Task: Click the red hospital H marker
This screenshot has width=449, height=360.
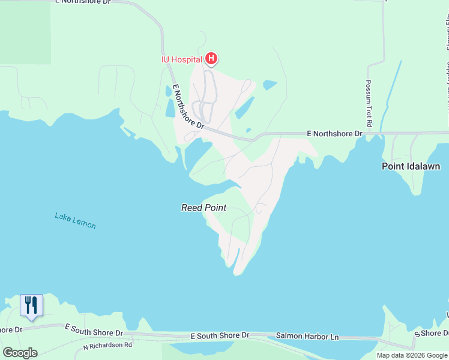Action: click(211, 58)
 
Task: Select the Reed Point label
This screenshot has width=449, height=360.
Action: click(203, 208)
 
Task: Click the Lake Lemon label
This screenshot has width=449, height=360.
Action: click(75, 220)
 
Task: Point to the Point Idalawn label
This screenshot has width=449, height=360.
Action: click(411, 166)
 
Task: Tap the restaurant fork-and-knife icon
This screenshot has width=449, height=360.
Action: click(31, 305)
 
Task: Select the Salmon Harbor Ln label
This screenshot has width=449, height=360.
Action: click(307, 337)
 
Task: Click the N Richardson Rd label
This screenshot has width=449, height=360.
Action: click(107, 346)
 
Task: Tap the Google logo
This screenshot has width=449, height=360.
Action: click(20, 352)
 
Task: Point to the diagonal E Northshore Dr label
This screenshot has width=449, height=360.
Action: click(188, 107)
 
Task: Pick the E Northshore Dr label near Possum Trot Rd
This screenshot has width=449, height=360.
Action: click(334, 133)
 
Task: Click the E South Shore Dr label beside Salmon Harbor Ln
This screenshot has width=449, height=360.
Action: click(220, 335)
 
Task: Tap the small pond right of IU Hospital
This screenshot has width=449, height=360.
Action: click(270, 85)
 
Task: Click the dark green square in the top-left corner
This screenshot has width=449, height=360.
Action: click(25, 32)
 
